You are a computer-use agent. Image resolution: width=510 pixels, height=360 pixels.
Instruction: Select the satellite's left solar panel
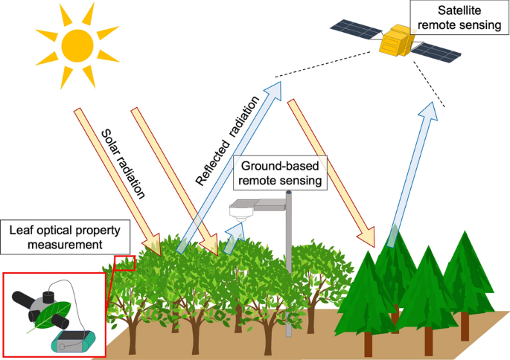click(357, 29)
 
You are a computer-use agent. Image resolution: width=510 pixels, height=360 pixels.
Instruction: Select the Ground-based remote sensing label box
click(281, 174)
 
